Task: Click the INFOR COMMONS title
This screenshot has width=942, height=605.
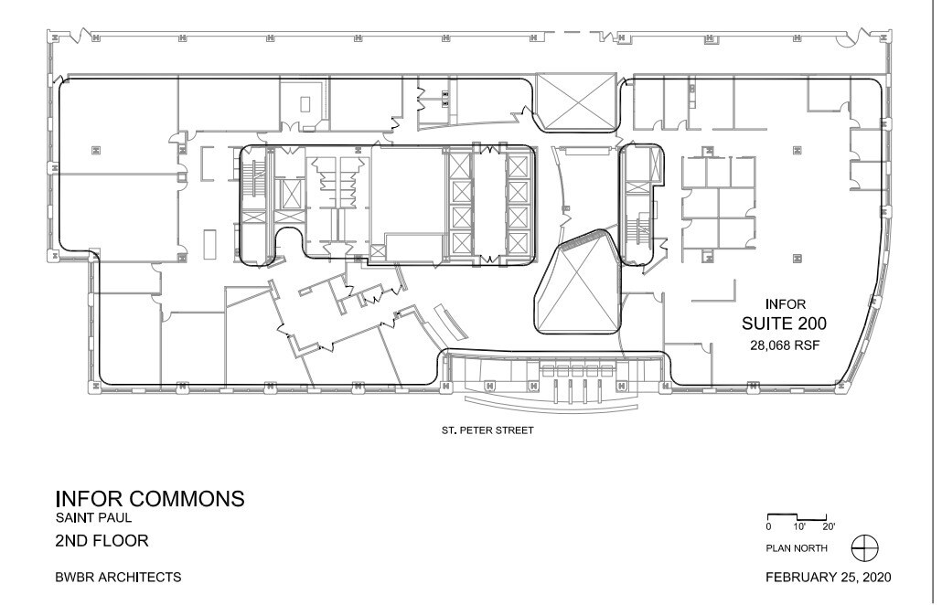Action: pos(150,499)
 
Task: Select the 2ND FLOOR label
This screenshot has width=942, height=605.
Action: pos(102,540)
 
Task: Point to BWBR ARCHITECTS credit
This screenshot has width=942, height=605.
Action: pos(118,578)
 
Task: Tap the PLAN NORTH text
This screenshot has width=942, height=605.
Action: pos(797,548)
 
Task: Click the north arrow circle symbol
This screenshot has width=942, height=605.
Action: pos(864,547)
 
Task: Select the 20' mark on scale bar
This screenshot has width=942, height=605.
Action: pos(829,526)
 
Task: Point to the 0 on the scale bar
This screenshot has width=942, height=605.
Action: pos(769,526)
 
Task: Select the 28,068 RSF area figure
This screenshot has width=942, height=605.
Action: pos(784,344)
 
